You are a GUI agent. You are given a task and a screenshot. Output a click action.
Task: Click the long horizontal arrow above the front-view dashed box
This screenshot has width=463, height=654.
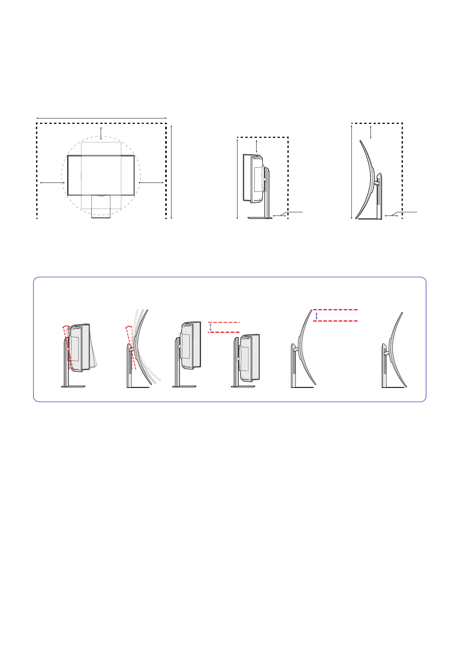(x=101, y=118)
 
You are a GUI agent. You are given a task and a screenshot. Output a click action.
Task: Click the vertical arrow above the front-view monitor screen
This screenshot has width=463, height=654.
(x=101, y=133)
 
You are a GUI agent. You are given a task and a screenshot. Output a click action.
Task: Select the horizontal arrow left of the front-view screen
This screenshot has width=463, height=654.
(x=52, y=182)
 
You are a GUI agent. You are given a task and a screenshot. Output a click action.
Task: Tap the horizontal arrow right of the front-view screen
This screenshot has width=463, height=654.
(x=151, y=182)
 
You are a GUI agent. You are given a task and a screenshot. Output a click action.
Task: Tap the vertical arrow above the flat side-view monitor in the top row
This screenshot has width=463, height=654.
(x=257, y=146)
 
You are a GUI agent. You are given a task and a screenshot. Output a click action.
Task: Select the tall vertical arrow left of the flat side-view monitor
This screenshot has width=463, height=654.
(x=237, y=179)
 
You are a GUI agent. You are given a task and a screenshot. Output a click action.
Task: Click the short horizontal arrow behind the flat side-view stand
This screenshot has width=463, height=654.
(x=279, y=215)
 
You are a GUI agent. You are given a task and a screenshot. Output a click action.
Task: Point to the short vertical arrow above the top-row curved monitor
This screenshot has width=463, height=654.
(x=371, y=132)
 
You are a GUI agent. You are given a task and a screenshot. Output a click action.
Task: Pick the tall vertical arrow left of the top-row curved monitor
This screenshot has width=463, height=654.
(x=351, y=171)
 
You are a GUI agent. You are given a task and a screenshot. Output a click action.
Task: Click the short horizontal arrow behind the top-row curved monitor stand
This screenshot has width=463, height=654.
(x=391, y=215)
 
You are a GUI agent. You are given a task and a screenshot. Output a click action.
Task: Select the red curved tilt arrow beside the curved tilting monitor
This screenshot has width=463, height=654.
(x=128, y=327)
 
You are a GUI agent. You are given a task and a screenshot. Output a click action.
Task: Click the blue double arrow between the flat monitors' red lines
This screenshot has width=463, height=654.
(x=211, y=327)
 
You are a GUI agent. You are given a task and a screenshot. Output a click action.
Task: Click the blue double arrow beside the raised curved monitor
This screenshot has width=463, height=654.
(x=316, y=315)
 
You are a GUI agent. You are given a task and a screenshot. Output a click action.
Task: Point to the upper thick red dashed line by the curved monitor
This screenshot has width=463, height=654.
(x=335, y=310)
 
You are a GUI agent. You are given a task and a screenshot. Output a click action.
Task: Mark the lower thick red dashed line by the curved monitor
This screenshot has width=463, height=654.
(x=335, y=321)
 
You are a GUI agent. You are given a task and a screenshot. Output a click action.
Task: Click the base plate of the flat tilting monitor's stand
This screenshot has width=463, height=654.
(x=73, y=386)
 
